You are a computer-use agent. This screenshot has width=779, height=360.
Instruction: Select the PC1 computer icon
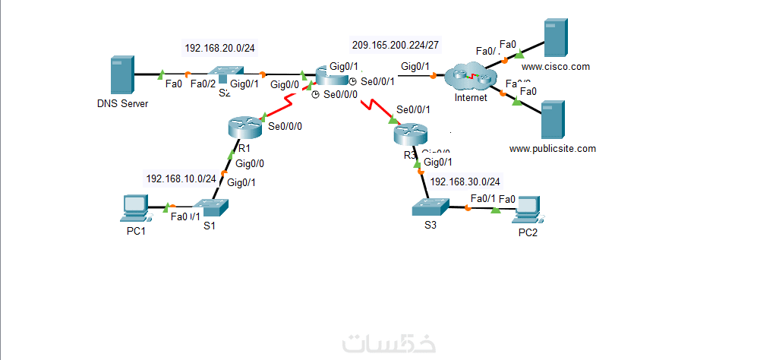pyautogui.click(x=135, y=207)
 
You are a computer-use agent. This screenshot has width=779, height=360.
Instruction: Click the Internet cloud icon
pyautogui.click(x=471, y=77)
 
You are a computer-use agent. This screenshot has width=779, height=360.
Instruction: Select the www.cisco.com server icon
pyautogui.click(x=556, y=37)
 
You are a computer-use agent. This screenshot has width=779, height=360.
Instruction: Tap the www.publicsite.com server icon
pyautogui.click(x=552, y=118)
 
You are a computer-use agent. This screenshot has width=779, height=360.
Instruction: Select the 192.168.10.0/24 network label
pyautogui.click(x=181, y=178)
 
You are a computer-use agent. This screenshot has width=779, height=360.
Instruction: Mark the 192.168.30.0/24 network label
pyautogui.click(x=465, y=182)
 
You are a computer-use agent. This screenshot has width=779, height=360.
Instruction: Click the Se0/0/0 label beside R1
pyautogui.click(x=285, y=126)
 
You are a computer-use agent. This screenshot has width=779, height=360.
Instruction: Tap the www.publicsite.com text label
pyautogui.click(x=552, y=149)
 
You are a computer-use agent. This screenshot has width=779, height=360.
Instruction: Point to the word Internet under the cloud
pyautogui.click(x=471, y=98)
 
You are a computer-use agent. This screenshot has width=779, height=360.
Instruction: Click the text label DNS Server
pyautogui.click(x=122, y=103)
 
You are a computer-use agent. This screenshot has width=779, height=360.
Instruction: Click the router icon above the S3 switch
pyautogui.click(x=411, y=135)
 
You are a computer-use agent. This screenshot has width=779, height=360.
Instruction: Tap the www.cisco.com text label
pyautogui.click(x=556, y=67)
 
